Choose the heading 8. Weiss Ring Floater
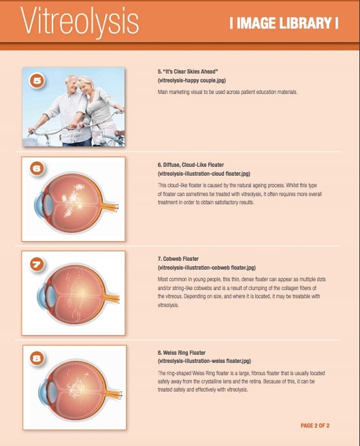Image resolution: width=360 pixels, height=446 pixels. click(188, 352)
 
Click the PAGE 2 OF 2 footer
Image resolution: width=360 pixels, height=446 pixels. click(314, 426)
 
